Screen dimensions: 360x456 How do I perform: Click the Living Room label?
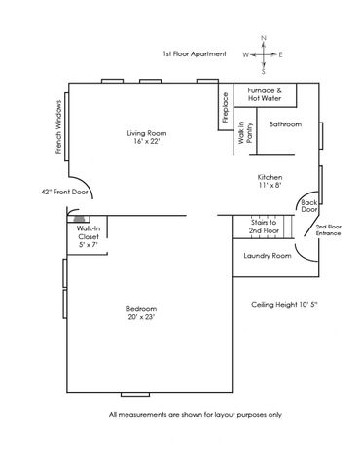point(147,137)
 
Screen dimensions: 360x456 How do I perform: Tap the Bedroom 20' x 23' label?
point(141,313)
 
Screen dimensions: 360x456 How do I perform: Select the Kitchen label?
point(270,181)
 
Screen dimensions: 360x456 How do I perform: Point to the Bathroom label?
point(285,124)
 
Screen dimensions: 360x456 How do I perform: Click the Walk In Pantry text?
point(245,132)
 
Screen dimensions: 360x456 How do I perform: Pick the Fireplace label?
point(226,108)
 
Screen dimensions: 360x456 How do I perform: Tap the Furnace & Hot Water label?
point(265,94)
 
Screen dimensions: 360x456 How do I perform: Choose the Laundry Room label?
point(268,256)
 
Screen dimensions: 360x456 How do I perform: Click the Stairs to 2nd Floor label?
point(264,227)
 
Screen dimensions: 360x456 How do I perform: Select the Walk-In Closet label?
point(89,236)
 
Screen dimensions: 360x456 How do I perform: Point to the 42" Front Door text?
point(64,192)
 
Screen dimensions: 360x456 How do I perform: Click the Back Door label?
point(309,206)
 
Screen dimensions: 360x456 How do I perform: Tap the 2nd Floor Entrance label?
point(329,230)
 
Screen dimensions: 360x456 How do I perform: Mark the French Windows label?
point(58,126)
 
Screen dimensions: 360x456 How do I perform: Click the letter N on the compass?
point(264,38)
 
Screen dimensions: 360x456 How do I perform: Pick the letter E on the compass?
point(280,54)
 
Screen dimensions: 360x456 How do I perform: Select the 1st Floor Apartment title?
point(195,53)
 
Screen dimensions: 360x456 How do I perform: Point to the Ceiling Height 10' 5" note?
point(284,305)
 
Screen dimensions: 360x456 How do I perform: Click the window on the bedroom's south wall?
point(135,395)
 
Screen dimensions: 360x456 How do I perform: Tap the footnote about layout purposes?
point(196,415)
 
